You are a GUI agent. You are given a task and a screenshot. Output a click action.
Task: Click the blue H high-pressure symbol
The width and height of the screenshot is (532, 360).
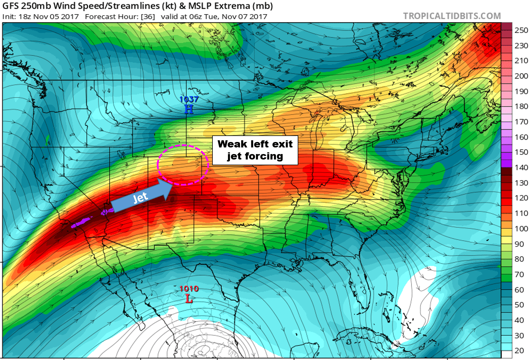coord(189,109)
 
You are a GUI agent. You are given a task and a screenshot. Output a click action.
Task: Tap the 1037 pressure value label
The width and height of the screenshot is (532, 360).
coord(189,100)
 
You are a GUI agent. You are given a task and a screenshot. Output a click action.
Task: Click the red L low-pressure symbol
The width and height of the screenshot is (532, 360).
coord(189,299)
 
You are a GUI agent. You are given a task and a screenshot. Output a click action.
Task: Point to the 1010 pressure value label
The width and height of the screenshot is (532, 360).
coord(189,289)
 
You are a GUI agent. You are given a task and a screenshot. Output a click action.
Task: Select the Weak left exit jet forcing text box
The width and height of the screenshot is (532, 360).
coord(255,150)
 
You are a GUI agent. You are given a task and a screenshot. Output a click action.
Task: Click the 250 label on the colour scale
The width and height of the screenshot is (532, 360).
coord(521,30)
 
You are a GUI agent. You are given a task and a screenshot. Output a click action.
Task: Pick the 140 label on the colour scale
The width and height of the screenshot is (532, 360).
coord(521,168)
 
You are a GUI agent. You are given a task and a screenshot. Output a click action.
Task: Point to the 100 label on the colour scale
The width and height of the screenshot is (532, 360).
coord(521,229)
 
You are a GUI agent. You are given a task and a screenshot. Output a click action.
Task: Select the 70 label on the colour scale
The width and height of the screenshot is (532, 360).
coord(519,275)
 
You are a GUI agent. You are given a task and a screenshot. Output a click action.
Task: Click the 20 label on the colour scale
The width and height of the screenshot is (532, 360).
coord(519,351)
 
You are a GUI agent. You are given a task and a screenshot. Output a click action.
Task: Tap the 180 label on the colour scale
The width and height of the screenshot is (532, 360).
coord(521,106)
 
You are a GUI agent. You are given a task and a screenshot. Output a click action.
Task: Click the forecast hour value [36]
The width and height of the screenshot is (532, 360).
coord(148,17)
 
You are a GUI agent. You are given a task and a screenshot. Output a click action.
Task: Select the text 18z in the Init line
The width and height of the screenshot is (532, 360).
coord(25,17)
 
